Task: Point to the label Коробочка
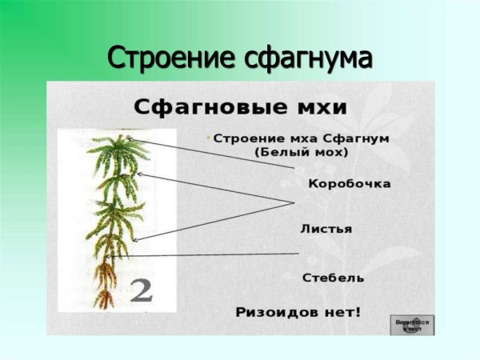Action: pos(350,184)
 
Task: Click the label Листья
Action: pos(326,229)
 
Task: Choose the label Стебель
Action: pos(334,278)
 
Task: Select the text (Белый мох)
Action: pos(301,151)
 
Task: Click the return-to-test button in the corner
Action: pos(412,324)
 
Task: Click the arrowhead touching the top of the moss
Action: pos(130,140)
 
